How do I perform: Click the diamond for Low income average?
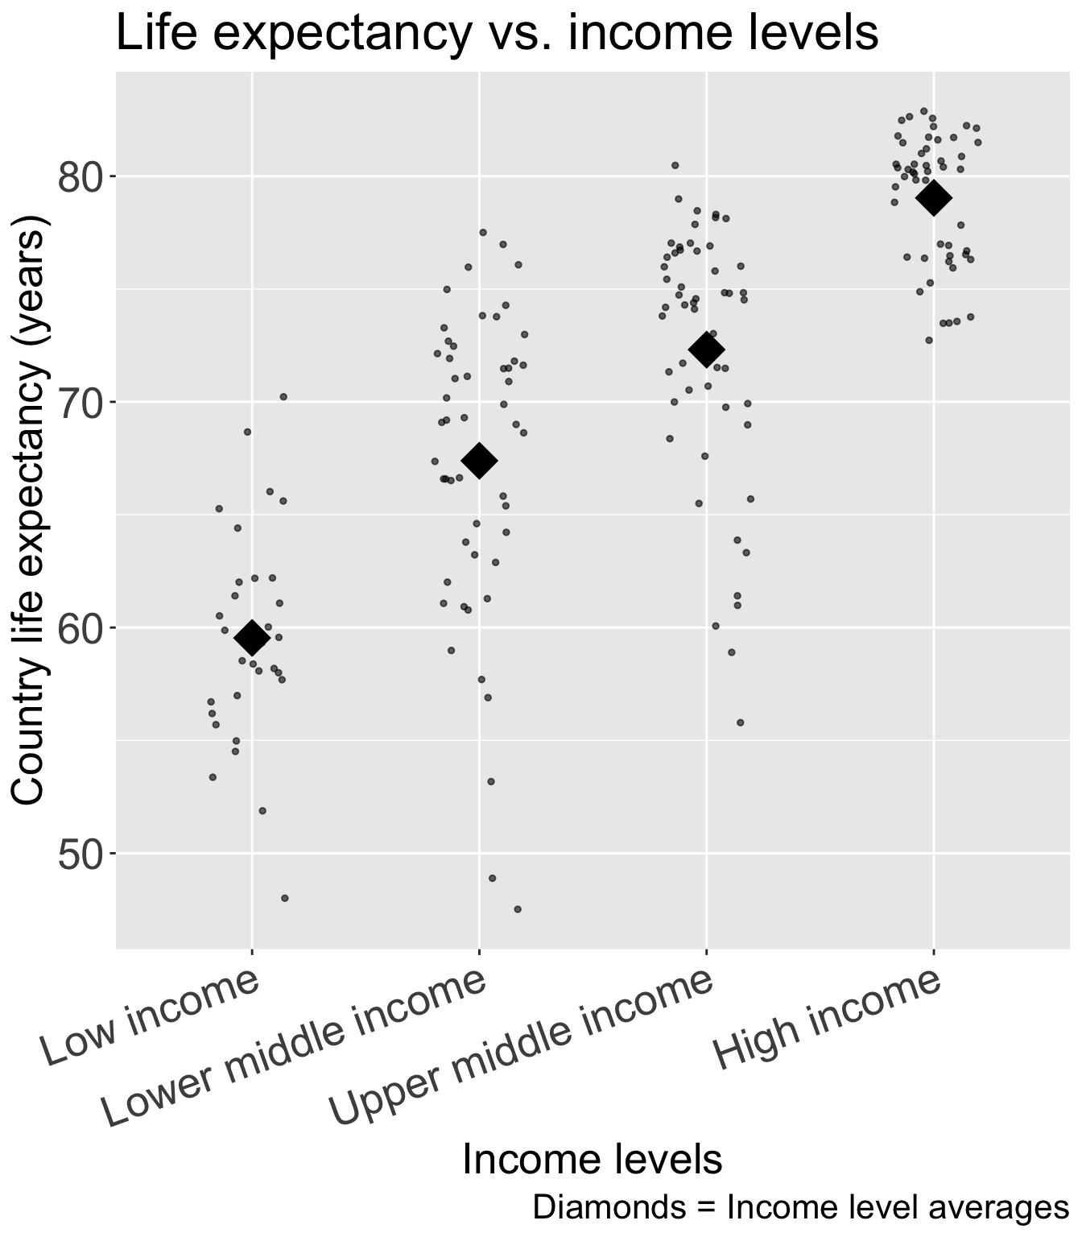(251, 638)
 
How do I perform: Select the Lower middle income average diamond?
(479, 461)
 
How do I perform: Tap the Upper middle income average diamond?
(707, 350)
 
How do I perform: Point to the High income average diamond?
(934, 198)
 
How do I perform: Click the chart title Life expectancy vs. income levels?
(497, 34)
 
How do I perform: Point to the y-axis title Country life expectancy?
(30, 509)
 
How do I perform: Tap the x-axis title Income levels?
(593, 1160)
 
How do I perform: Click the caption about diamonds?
(800, 1207)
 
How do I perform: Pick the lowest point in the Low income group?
(284, 898)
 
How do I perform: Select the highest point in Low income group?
(283, 396)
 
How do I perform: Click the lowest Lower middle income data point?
(518, 909)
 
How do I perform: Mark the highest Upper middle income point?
(675, 165)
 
